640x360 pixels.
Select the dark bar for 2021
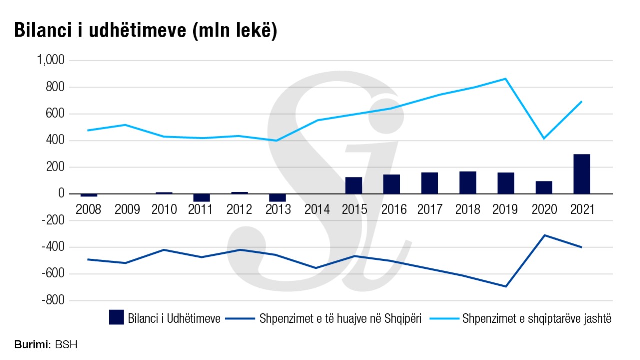click(x=582, y=174)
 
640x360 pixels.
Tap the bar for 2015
click(x=354, y=185)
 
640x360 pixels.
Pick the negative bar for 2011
click(x=202, y=198)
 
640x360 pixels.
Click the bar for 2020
click(x=544, y=187)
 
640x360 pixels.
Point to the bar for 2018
click(x=468, y=182)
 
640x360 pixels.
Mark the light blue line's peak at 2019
click(x=506, y=79)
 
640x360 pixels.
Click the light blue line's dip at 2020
click(x=544, y=138)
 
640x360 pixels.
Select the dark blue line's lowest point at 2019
click(x=506, y=286)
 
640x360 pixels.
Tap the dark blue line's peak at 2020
click(x=544, y=235)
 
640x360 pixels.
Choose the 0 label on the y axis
click(x=61, y=194)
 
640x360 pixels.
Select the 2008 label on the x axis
click(x=88, y=209)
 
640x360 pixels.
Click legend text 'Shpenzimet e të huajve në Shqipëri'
click(x=341, y=318)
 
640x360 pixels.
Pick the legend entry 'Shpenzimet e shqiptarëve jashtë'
click(x=537, y=318)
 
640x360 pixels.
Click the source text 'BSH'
click(x=66, y=345)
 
